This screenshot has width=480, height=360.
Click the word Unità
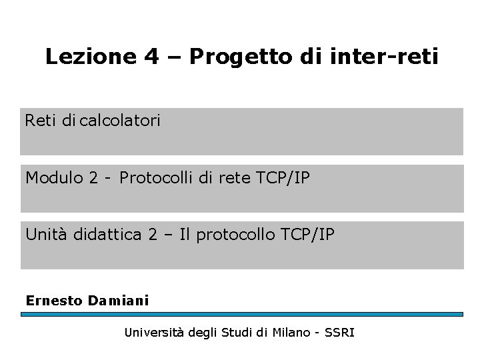click(x=46, y=234)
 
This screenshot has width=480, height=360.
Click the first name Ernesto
click(x=54, y=300)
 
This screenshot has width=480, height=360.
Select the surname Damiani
click(x=119, y=300)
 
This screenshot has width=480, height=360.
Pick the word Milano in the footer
click(x=288, y=331)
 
